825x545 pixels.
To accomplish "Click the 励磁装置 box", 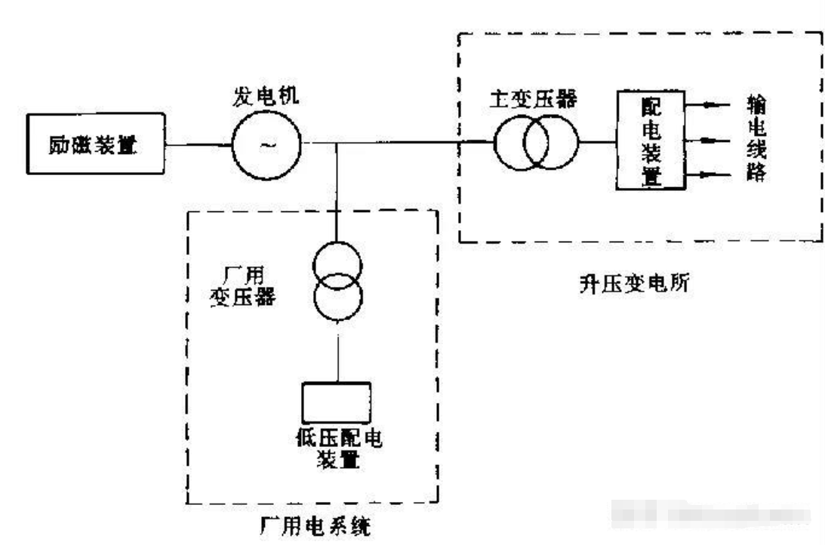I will pyautogui.click(x=95, y=143).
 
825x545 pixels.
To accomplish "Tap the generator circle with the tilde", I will pyautogui.click(x=266, y=142).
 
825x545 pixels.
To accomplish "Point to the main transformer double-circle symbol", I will pyautogui.click(x=537, y=142).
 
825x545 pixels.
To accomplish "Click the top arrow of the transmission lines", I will pyautogui.click(x=709, y=106).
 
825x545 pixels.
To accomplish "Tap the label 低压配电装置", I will pyautogui.click(x=337, y=448).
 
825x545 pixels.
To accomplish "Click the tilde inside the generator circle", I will pyautogui.click(x=266, y=143).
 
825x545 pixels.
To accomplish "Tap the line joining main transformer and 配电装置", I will pyautogui.click(x=599, y=141).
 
